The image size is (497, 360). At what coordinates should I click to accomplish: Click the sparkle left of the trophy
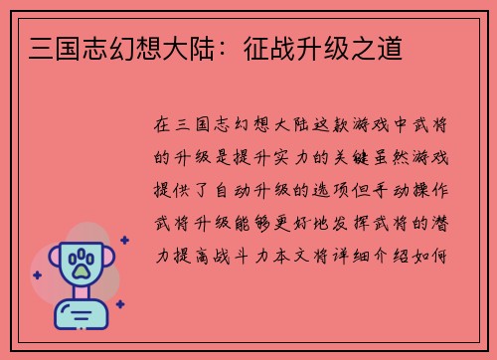[x=37, y=273]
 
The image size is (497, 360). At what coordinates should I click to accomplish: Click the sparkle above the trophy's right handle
[x=124, y=240]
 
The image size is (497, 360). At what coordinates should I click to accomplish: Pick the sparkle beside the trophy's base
[x=119, y=304]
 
